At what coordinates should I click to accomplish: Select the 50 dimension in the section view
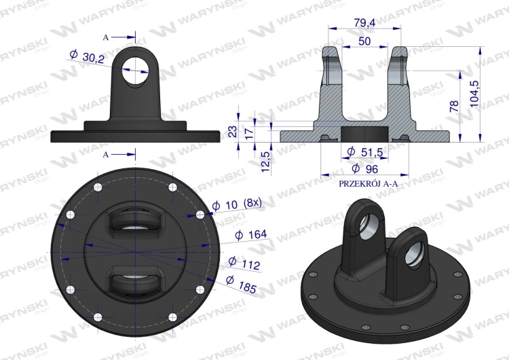(x=364, y=41)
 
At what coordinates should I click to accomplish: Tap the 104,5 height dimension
(x=474, y=94)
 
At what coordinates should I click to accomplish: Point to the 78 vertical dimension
(x=455, y=106)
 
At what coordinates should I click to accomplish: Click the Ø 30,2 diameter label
(x=87, y=57)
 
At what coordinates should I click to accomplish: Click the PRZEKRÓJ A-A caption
(x=368, y=184)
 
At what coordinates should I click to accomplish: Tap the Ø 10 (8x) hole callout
(x=237, y=204)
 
